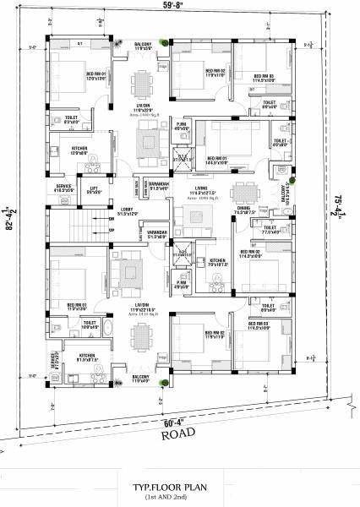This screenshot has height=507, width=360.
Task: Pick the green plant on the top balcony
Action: (167, 41)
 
